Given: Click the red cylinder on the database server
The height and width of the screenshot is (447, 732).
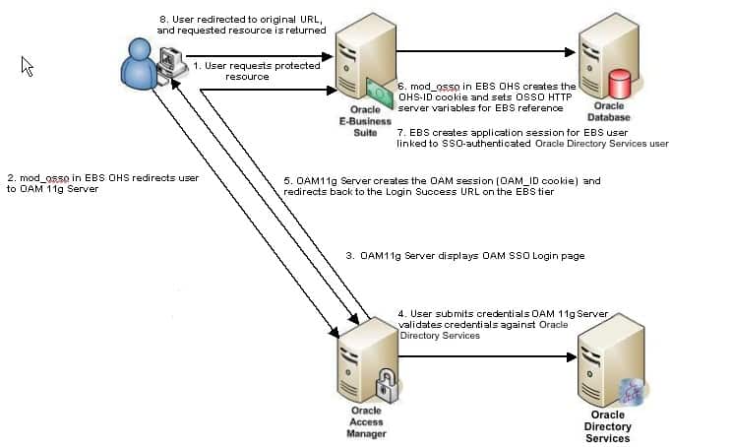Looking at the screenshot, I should (620, 81).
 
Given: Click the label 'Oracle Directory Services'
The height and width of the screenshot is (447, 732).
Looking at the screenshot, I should (607, 426).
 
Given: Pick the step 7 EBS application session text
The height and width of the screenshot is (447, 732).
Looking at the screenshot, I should (532, 137).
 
